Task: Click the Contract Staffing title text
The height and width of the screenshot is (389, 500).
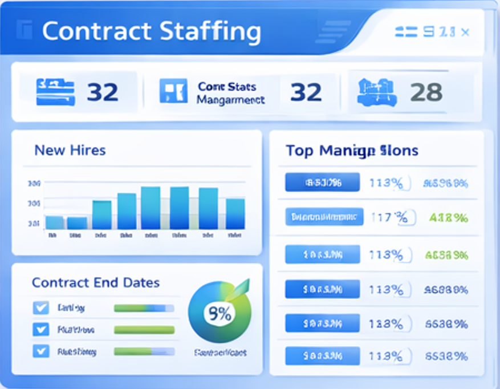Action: pos(151,31)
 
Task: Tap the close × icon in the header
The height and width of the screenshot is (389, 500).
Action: pos(465,32)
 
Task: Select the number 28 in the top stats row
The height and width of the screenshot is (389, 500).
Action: pos(426,91)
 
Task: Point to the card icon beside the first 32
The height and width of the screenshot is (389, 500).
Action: pos(55,92)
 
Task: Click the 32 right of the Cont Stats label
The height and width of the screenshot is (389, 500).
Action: pos(306,91)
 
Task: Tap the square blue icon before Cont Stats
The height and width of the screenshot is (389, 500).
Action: pos(173,91)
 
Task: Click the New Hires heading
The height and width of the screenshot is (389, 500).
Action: pos(70,151)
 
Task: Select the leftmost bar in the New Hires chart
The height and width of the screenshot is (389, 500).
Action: pos(54,222)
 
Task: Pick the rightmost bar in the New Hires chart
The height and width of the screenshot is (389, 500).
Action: pos(235,214)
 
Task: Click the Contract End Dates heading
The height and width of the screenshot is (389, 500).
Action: pos(96,283)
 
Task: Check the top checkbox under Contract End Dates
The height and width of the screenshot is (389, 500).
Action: pos(40,308)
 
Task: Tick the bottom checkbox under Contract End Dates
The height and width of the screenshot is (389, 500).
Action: pos(40,351)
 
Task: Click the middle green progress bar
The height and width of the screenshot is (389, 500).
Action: pos(144,330)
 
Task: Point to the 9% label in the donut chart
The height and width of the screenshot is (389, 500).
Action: pos(219,313)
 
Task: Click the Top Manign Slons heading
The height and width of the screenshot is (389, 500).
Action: pos(352,151)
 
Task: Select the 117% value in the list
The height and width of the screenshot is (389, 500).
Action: pos(389,217)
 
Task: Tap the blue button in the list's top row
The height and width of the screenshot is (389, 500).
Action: pos(323,183)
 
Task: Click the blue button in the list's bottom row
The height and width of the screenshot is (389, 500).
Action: pos(323,356)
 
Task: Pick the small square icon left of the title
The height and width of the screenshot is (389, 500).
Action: pos(25,30)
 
